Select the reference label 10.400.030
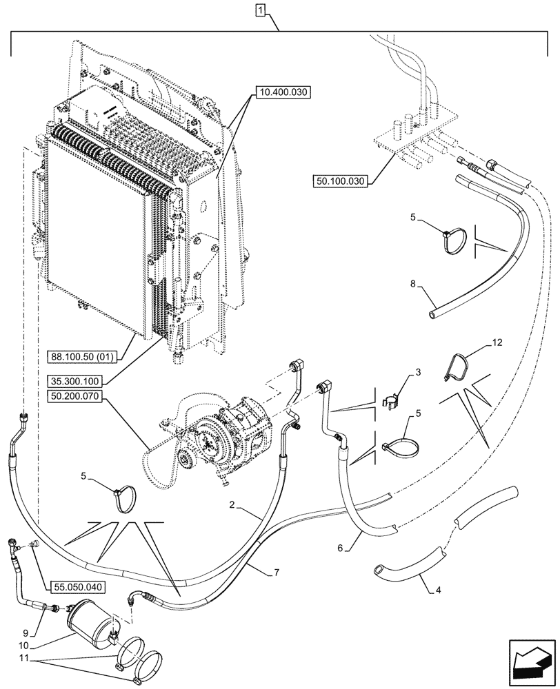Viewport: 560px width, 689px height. click(283, 91)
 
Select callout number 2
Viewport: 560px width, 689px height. click(235, 506)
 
